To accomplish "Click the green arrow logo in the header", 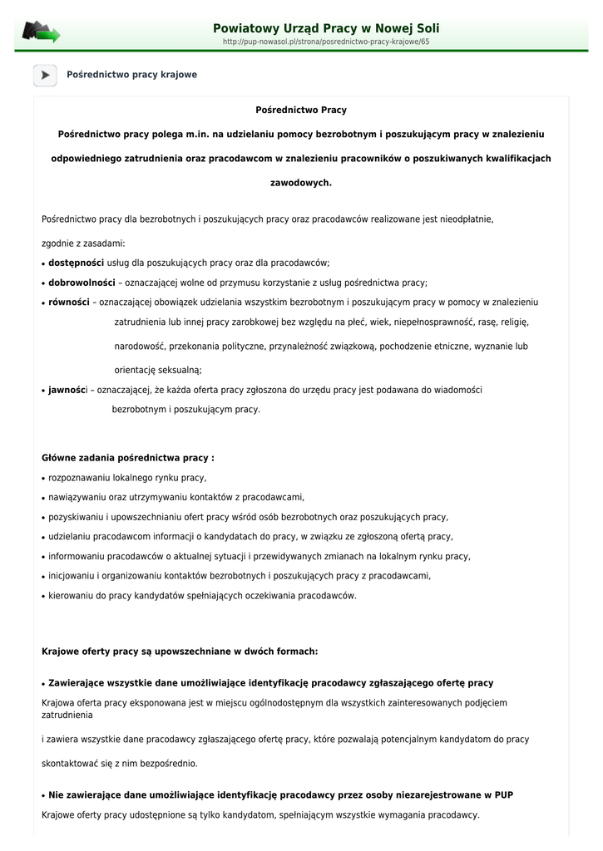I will [x=42, y=32].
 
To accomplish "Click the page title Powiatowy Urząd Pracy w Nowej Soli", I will [x=326, y=28].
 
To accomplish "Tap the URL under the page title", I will [x=326, y=41].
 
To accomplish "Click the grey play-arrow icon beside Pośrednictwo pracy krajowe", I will [x=45, y=75].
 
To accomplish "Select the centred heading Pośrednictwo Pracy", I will [x=301, y=110].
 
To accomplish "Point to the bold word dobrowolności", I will [x=82, y=283].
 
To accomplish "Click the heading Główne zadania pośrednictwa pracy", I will [x=127, y=457].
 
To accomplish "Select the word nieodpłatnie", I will [x=467, y=219].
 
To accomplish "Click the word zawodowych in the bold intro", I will [x=301, y=182].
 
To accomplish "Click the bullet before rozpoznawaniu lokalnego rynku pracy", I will [x=43, y=479].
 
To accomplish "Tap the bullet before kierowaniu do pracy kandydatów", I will [x=43, y=597].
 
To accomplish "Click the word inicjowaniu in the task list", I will [x=74, y=576].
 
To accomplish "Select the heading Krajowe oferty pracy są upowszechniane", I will [x=180, y=652].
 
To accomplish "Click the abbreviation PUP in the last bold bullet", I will [x=504, y=795].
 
